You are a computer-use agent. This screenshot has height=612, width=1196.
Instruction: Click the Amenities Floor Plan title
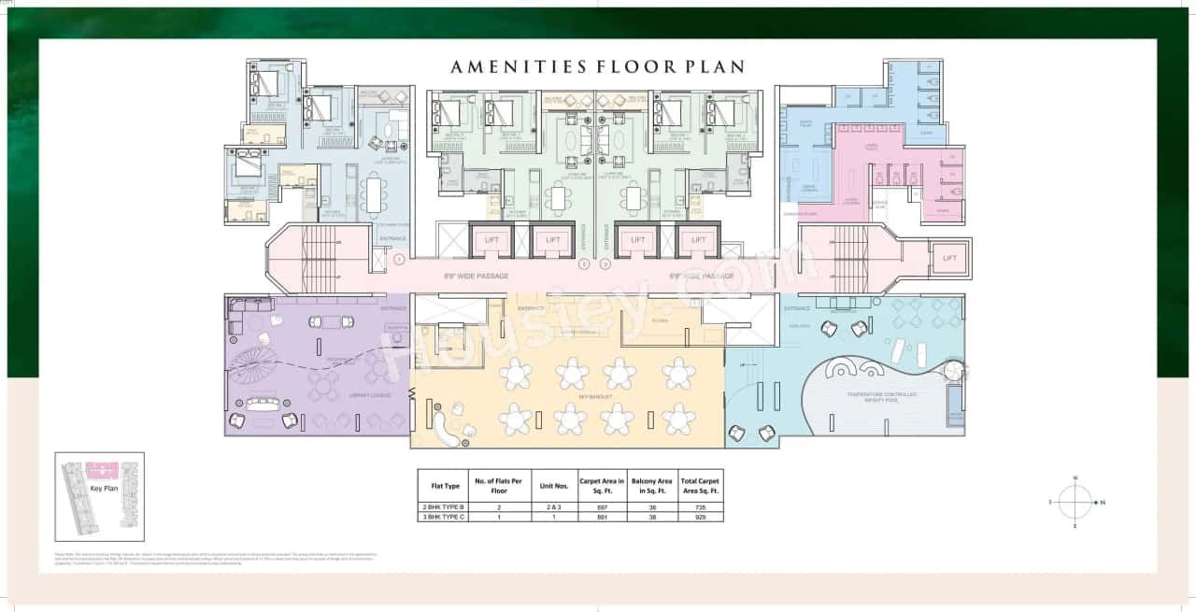tap(597, 66)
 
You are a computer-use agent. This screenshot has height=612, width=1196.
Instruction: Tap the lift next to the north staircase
tap(949, 258)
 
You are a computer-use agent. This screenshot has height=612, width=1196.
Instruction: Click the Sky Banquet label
tap(595, 397)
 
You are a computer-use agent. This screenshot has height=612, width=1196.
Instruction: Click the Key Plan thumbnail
tap(100, 495)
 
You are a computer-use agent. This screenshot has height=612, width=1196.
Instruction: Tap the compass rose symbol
tap(1075, 502)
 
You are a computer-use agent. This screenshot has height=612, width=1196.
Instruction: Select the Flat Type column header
tap(445, 486)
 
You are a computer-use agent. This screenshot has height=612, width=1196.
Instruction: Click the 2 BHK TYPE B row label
tap(445, 506)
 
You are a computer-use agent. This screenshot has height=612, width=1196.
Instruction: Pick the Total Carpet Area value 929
tap(701, 517)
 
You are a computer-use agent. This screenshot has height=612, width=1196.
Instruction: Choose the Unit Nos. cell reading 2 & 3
tap(548, 506)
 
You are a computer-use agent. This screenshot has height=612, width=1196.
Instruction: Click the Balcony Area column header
tap(651, 486)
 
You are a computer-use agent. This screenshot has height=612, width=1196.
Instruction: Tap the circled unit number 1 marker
tap(399, 259)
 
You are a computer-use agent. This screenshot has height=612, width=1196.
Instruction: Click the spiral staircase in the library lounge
tap(253, 361)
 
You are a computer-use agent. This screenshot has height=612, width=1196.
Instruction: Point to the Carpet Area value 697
tap(601, 506)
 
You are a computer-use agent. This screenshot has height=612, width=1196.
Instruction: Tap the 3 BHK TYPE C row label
tap(445, 517)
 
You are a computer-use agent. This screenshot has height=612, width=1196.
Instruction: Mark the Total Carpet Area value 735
tap(701, 506)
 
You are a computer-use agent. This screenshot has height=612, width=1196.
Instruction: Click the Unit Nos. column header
tap(548, 486)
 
